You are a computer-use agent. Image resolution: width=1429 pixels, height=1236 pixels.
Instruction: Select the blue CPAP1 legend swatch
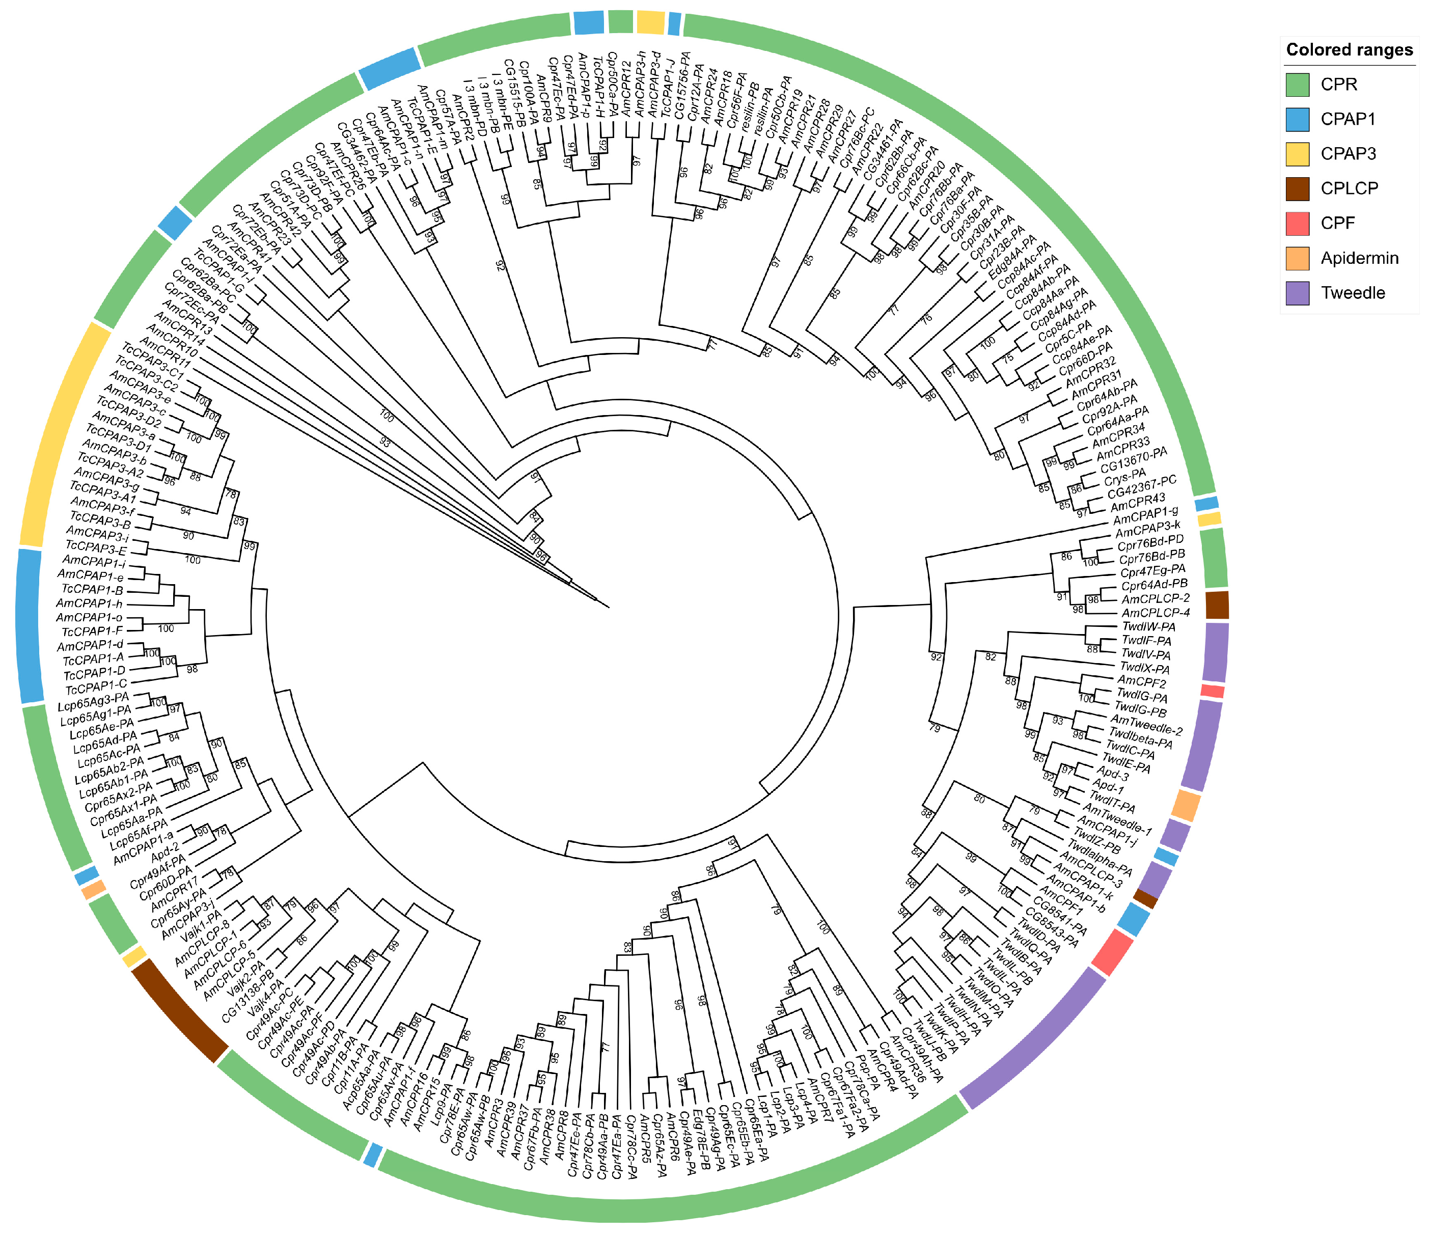tap(1297, 119)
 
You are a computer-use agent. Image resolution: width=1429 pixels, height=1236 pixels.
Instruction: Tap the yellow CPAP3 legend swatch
tap(1297, 154)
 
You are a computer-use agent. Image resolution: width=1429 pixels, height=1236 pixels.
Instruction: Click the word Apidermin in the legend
tap(1359, 258)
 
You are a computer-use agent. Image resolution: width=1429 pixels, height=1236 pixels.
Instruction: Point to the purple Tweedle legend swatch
tap(1297, 292)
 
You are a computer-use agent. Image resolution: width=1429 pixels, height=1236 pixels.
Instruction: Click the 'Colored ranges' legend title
tap(1349, 50)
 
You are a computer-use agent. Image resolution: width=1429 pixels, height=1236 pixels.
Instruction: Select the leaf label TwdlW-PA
tap(1148, 627)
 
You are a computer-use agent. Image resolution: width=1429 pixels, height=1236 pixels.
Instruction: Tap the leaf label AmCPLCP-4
tap(1155, 613)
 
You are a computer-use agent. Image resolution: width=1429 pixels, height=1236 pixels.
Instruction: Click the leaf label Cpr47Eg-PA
tap(1152, 570)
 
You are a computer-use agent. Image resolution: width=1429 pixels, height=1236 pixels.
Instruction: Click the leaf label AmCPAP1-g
tap(1145, 516)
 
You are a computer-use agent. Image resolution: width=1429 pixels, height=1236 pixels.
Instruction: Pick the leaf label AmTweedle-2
tap(1145, 725)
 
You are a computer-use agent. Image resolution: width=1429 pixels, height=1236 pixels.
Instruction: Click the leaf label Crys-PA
tap(1123, 477)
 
